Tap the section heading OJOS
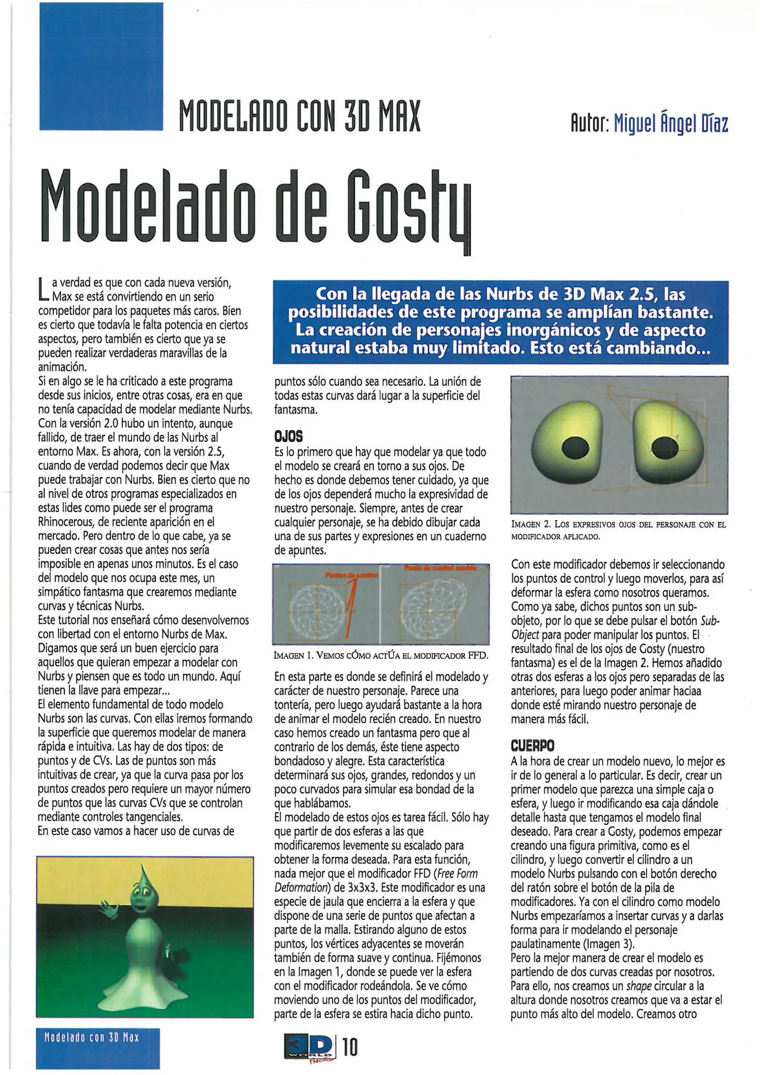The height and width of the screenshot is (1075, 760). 288,436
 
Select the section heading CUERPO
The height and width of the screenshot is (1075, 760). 533,746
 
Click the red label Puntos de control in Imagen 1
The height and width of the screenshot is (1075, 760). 351,575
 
